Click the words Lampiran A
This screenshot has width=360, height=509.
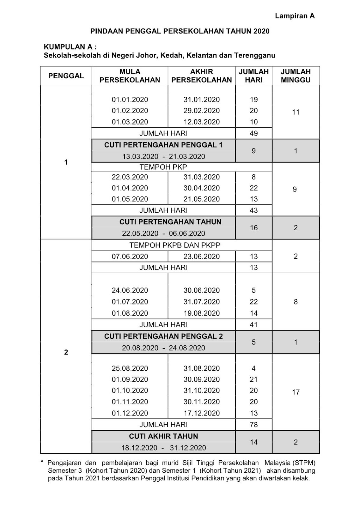click(294, 16)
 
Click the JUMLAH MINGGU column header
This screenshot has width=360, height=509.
click(295, 76)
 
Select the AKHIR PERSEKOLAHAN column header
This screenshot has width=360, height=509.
click(201, 76)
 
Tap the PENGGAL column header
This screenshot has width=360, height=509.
click(66, 76)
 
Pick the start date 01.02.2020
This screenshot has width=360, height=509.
click(130, 111)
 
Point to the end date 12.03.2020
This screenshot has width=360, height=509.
click(201, 122)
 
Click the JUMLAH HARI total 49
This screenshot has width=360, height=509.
click(253, 133)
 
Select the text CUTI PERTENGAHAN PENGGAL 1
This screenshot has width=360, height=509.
click(163, 145)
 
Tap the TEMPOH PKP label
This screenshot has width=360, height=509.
click(163, 167)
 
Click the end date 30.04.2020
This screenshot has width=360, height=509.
click(201, 188)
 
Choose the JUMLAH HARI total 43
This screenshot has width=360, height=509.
click(253, 210)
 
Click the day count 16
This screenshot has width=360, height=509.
click(253, 228)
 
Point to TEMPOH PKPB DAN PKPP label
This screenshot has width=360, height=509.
click(175, 245)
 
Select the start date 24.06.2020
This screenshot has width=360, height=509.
click(130, 290)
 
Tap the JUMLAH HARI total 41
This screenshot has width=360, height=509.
click(253, 325)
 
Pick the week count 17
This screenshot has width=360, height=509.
click(295, 392)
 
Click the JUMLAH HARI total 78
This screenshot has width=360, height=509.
click(253, 425)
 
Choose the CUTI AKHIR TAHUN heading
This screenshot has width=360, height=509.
click(163, 436)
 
